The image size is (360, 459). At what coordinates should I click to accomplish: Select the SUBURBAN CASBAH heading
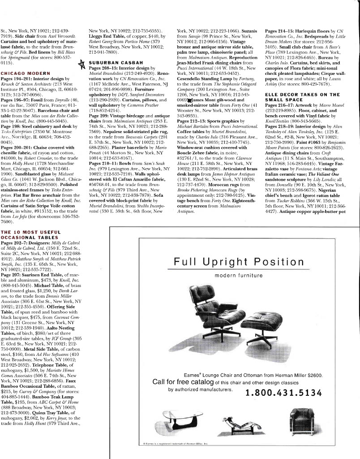(x=112, y=63)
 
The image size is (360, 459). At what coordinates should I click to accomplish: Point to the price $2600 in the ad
(x=313, y=375)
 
